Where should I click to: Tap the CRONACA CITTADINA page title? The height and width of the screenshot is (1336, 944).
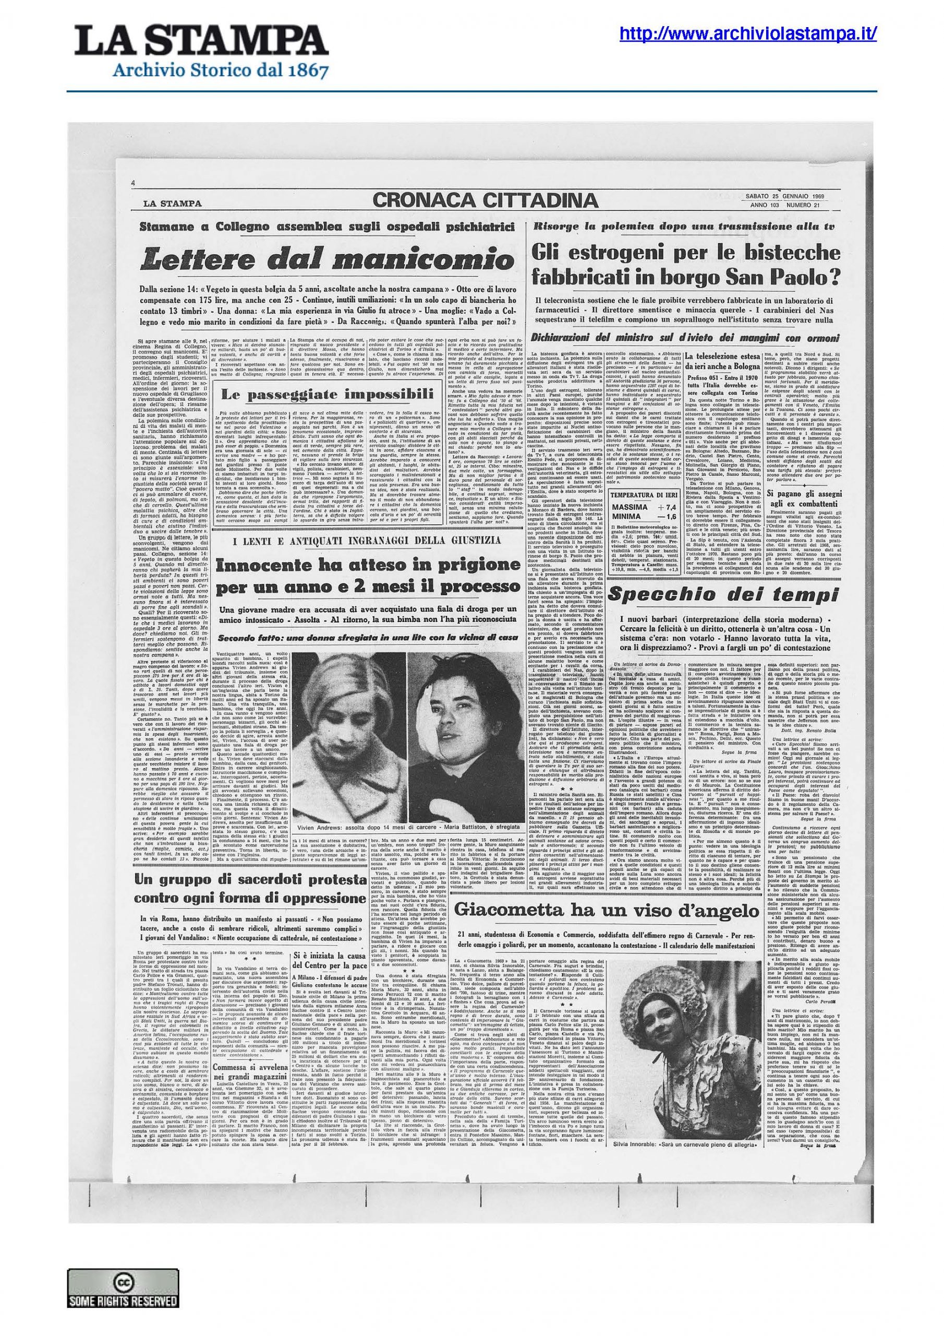click(485, 201)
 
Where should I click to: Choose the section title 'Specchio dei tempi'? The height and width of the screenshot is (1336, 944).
click(723, 594)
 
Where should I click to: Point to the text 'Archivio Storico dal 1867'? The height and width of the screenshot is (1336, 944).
click(221, 71)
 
